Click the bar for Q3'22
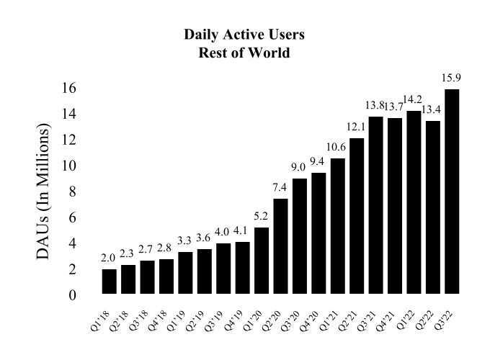pos(452,192)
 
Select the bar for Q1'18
pos(110,282)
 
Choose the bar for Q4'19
pos(243,268)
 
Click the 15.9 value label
pos(452,77)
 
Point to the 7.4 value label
pos(280,187)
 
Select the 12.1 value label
pos(357,127)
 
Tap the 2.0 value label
pos(110,258)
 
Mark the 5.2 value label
pos(262,216)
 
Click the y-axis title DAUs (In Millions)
pos(45,192)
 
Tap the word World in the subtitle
pos(272,53)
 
